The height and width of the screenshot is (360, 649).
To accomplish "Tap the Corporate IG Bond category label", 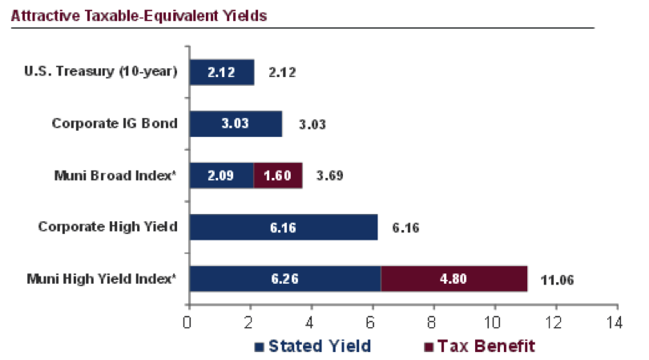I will [x=115, y=123].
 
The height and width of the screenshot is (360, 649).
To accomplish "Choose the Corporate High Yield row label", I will [x=108, y=227].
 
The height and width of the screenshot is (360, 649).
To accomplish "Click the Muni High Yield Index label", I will [x=100, y=279].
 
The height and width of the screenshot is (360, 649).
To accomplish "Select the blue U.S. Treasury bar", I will [x=220, y=72].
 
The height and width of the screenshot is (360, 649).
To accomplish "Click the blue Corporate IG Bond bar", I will [x=235, y=123].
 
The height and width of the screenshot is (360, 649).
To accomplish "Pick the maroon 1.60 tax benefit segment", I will [x=278, y=176].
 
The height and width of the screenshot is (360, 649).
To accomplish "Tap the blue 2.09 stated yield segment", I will [x=220, y=176].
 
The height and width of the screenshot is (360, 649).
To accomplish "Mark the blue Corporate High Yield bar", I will [x=283, y=227].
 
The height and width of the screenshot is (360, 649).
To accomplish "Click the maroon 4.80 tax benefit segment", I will [x=453, y=279].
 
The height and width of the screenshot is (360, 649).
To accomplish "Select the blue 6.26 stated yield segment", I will [x=284, y=279].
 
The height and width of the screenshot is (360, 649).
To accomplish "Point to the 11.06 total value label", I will [x=558, y=280].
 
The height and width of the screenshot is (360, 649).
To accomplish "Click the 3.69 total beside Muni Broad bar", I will [x=329, y=176].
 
